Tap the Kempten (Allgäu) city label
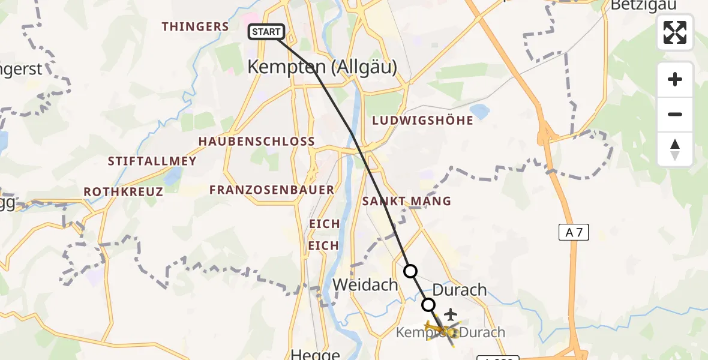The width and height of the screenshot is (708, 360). click(322, 67)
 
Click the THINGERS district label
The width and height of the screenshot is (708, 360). click(195, 26)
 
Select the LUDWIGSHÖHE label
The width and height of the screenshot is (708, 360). click(422, 121)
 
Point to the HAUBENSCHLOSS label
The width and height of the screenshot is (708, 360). click(265, 142)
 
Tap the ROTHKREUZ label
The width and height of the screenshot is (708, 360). click(123, 191)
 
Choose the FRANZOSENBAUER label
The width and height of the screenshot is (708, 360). click(271, 190)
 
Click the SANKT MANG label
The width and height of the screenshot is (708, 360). click(406, 201)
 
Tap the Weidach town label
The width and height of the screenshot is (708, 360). click(365, 284)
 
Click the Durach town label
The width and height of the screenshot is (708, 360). click(459, 290)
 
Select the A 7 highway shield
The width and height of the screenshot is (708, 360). click(574, 232)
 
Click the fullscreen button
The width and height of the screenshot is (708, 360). click(675, 32)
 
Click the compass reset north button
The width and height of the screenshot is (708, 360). click(675, 149)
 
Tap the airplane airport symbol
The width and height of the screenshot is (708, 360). click(450, 314)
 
